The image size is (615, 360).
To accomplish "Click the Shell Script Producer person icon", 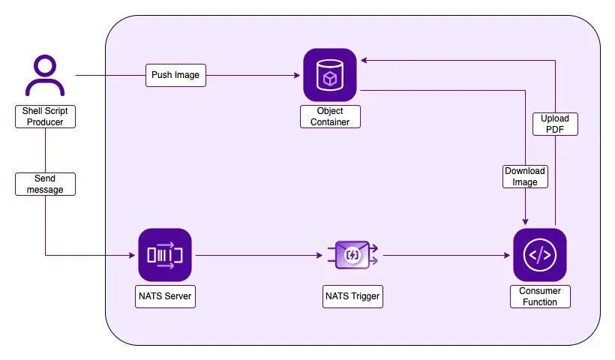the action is pyautogui.click(x=45, y=75).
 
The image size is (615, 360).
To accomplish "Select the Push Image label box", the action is pyautogui.click(x=175, y=75).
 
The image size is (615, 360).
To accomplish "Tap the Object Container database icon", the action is pyautogui.click(x=330, y=75).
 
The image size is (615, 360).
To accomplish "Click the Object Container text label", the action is pyautogui.click(x=330, y=116).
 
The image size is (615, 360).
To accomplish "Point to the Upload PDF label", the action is pyautogui.click(x=555, y=124).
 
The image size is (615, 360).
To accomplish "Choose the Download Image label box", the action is pyautogui.click(x=525, y=176).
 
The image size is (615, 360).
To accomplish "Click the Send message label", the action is pyautogui.click(x=45, y=184).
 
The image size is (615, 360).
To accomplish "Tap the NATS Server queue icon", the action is pyautogui.click(x=165, y=255).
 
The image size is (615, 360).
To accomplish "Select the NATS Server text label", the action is pyautogui.click(x=165, y=296).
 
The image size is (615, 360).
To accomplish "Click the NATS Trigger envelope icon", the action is pyautogui.click(x=352, y=255).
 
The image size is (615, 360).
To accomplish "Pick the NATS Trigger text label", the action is pyautogui.click(x=352, y=296).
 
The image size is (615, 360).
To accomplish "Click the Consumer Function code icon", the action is pyautogui.click(x=540, y=255).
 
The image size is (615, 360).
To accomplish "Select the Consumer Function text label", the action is pyautogui.click(x=540, y=296).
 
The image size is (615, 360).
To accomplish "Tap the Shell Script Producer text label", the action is pyautogui.click(x=45, y=116).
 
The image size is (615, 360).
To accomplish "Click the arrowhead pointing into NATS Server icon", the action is pyautogui.click(x=132, y=255).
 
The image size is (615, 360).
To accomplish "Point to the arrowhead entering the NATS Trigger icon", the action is pyautogui.click(x=319, y=255).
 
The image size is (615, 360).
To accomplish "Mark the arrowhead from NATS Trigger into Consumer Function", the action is pyautogui.click(x=507, y=255).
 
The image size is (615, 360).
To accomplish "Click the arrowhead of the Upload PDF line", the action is pyautogui.click(x=364, y=61).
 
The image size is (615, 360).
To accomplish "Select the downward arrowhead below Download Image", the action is pyautogui.click(x=525, y=222).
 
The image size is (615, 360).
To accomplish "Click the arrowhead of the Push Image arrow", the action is pyautogui.click(x=297, y=75).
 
